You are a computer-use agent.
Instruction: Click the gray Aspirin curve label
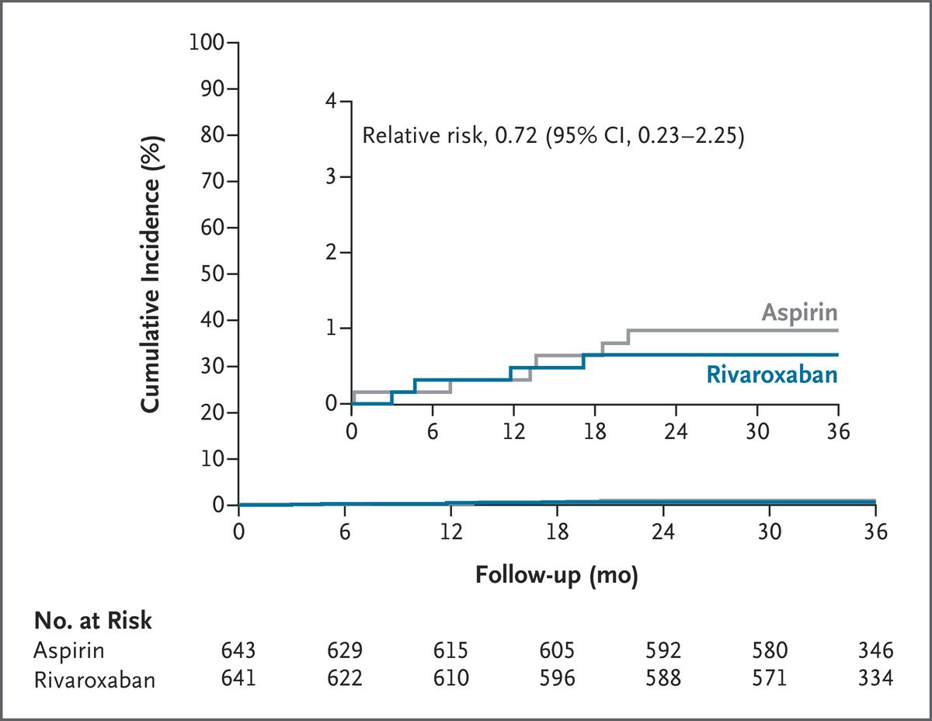coord(799,313)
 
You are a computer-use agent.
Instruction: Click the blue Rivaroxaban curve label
coord(772,374)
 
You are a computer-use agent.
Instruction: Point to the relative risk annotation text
coord(553,136)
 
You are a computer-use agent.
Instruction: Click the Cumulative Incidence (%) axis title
coord(151,274)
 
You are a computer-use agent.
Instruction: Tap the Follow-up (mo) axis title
coord(557,575)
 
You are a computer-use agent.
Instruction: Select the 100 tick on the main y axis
coord(207,43)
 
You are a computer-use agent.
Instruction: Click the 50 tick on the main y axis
coord(212,273)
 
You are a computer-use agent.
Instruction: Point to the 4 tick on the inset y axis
coord(331,101)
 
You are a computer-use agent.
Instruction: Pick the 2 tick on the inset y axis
coord(331,253)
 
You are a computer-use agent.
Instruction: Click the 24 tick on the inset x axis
coord(676,431)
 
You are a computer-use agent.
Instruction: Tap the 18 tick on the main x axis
coord(557,532)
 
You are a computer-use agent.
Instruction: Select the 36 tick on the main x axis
coord(875,532)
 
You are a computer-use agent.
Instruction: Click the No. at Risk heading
coord(92,620)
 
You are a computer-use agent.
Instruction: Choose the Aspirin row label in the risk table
coord(69,650)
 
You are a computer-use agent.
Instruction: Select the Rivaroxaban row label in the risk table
coord(94,680)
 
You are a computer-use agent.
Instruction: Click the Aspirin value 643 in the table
coord(238,650)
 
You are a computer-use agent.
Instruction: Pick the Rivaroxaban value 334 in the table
coord(876,678)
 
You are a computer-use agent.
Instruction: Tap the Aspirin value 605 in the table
coord(557,650)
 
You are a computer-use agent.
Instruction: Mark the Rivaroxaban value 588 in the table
coord(663,678)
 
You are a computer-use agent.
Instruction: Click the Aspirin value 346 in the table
coord(876,650)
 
